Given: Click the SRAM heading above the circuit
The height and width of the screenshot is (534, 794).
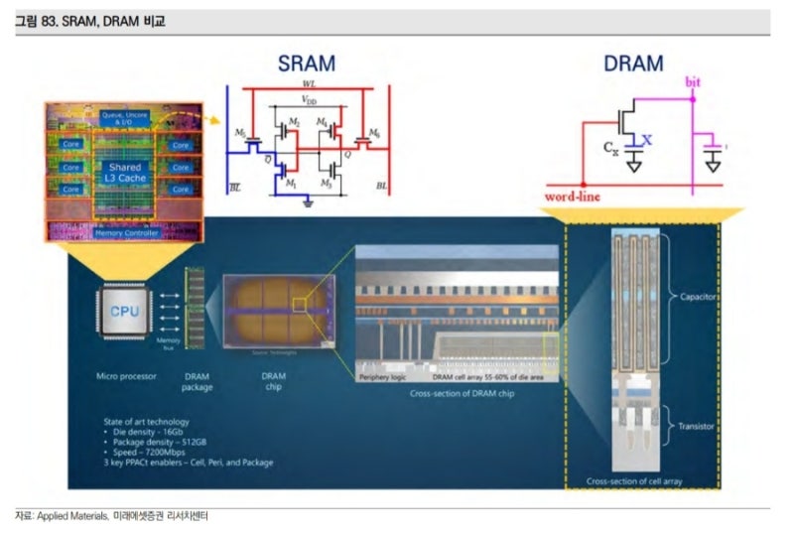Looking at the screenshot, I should pos(306,64).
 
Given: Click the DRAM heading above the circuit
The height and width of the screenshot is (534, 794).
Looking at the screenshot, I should pos(633,64).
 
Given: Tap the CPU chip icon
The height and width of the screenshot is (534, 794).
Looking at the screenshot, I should pos(125,310).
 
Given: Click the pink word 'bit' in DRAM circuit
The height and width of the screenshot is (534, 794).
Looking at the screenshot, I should pos(693,80).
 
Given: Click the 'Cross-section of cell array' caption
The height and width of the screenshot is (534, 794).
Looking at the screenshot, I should pos(641,481).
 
